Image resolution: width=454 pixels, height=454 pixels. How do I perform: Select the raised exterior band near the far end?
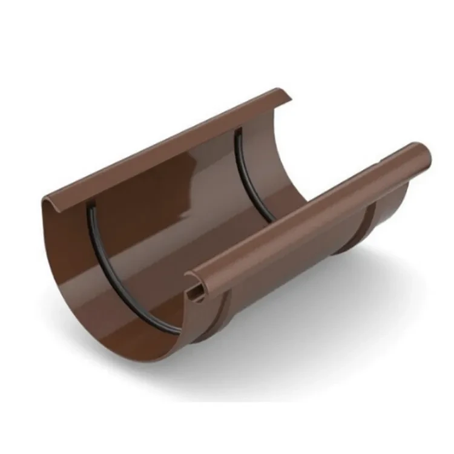click(x=363, y=224)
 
